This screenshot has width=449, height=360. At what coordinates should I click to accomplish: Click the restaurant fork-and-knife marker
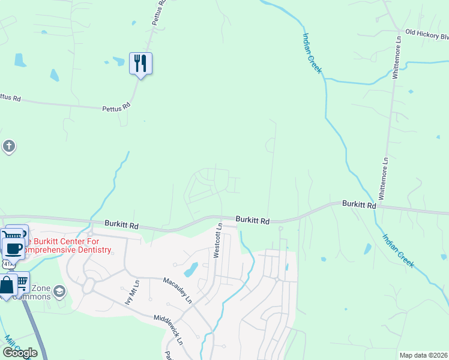point(140,63)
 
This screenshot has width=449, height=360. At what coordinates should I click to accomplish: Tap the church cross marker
point(8,146)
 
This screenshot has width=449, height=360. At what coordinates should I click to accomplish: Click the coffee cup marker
point(13,247)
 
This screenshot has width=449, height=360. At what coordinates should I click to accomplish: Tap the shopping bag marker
point(7,286)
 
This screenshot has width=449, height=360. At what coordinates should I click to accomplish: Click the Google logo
point(20,352)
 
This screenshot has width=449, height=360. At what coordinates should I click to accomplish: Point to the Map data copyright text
point(423,355)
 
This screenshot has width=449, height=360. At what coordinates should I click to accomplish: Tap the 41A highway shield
point(7,264)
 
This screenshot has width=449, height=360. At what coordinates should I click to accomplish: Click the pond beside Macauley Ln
point(191,269)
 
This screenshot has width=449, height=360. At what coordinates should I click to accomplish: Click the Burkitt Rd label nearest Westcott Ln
point(252,220)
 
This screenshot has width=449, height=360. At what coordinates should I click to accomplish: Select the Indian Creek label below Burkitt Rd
point(399,251)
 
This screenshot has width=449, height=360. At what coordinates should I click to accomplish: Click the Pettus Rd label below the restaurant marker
point(116,107)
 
